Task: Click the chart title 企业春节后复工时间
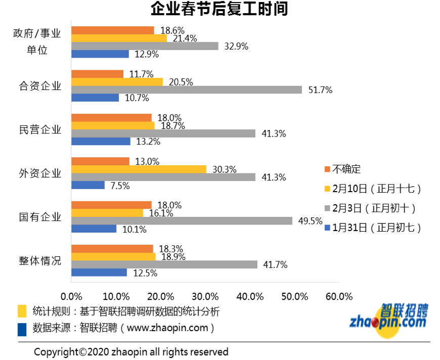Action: pos(219,9)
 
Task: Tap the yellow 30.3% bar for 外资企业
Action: pos(139,169)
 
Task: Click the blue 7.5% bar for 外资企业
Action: pos(88,185)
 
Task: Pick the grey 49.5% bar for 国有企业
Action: pos(182,220)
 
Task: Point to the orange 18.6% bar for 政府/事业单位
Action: pos(112,30)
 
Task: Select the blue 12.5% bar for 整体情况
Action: pos(99,273)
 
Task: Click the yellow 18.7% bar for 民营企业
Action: pos(113,125)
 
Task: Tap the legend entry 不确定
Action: pos(346,169)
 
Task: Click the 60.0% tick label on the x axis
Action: pos(339,296)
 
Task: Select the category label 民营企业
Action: pos(40,129)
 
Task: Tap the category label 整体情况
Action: pos(40,261)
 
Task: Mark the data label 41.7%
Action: pos(275,264)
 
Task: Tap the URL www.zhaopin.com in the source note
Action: pos(167,328)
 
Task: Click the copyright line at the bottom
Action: pos(131,351)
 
